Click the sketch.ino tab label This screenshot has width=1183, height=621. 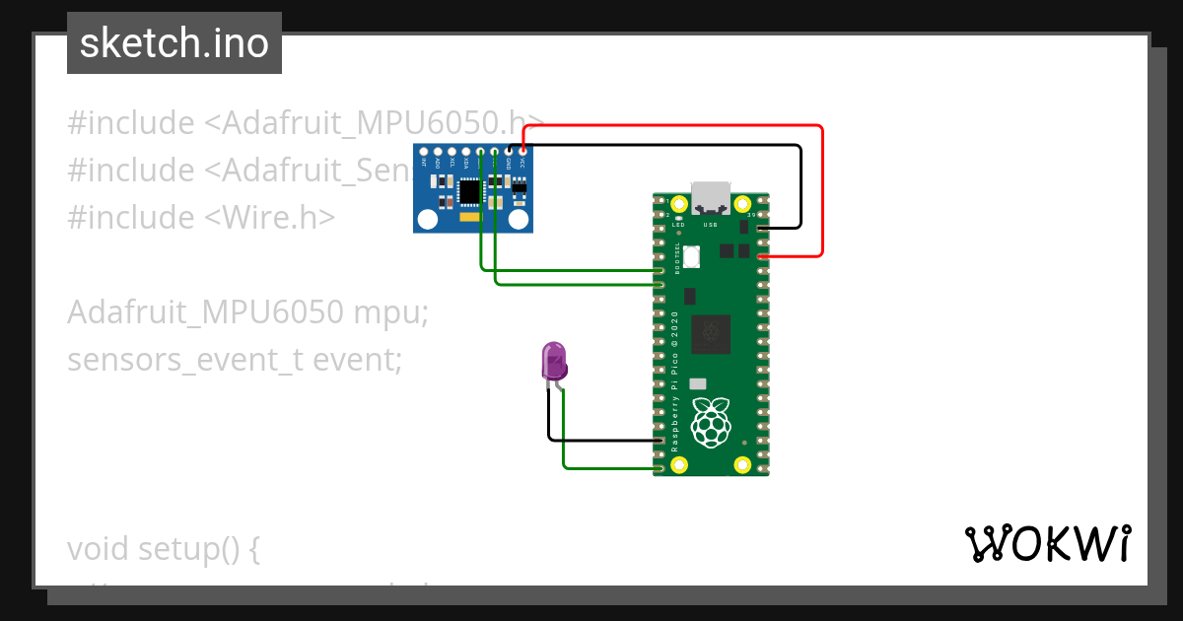[174, 43]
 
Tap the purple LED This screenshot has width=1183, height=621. [554, 362]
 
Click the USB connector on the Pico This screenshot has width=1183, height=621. [711, 196]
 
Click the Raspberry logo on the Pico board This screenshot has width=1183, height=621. [711, 422]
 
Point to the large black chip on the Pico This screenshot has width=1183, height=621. [711, 333]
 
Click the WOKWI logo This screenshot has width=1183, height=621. [1047, 543]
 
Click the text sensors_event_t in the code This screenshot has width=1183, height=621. [184, 360]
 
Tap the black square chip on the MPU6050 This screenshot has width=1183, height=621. [471, 190]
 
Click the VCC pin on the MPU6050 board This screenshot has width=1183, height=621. [522, 152]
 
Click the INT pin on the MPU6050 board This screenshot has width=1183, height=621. [424, 152]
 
